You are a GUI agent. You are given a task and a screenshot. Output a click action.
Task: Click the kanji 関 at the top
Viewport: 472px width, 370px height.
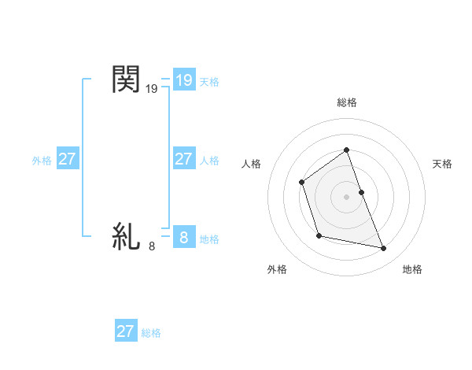coord(126,80)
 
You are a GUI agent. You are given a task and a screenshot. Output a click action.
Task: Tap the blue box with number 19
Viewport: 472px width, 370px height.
coord(183,80)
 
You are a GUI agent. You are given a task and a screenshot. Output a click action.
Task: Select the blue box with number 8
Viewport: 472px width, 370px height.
coord(183,237)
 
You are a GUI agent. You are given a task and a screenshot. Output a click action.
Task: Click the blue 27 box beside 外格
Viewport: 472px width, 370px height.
coord(68,159)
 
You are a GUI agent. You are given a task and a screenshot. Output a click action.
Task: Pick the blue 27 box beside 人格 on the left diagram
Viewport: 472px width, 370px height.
coord(183,159)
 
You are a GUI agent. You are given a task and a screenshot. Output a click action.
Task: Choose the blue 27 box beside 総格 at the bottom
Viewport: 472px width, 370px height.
coord(126,331)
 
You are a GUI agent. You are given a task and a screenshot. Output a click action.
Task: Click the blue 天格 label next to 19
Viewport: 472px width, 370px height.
coord(209,82)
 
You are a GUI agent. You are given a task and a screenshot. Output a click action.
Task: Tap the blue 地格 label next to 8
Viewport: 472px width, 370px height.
coord(209,239)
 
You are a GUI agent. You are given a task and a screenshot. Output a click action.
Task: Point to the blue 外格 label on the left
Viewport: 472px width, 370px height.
coord(42,161)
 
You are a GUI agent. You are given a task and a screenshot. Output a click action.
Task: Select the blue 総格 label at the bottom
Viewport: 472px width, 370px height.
coord(151,333)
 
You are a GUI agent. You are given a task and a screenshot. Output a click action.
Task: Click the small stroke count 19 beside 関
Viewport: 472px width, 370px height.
coord(152,91)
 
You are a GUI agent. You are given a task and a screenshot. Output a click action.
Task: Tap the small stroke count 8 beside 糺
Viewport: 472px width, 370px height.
coord(152,246)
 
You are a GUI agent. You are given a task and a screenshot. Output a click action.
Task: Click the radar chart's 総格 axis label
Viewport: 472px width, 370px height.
coord(346,102)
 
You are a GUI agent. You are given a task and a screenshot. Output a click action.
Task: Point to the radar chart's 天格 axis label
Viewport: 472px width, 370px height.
coord(442,164)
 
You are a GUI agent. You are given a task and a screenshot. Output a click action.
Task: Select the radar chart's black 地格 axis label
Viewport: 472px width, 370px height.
coord(412,269)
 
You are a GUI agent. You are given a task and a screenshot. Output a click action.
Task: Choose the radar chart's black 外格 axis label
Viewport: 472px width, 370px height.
coord(277,269)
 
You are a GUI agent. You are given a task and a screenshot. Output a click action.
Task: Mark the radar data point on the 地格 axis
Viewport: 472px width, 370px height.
coord(384,249)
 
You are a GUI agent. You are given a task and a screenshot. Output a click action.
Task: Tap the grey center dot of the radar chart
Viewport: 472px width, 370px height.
coord(346,196)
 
